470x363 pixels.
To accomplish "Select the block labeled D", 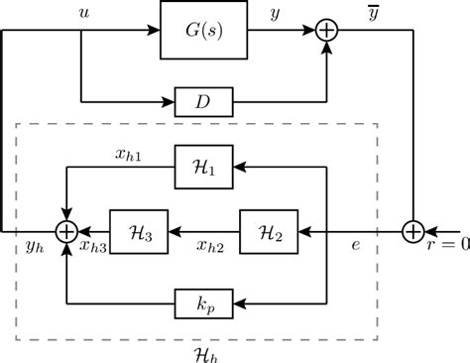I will (203, 100).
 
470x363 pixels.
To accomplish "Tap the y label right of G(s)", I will (271, 15).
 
